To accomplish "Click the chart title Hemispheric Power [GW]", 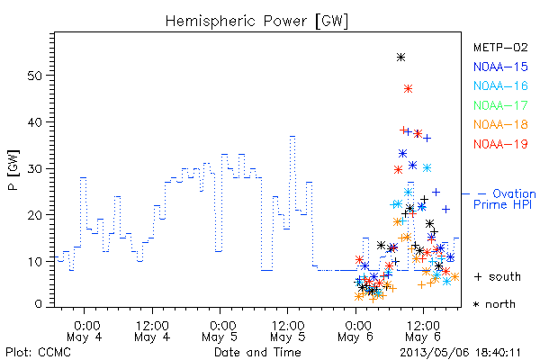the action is tap(256, 22).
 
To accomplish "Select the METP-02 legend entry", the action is tap(500, 47).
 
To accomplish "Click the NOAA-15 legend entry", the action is tap(500, 67).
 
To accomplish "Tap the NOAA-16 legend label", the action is tap(500, 85).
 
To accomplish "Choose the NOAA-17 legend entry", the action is tap(500, 105).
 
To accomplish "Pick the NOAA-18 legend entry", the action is tap(500, 124).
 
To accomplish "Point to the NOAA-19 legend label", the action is tap(500, 144).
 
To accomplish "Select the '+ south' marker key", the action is tap(498, 276).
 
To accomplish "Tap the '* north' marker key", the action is tap(494, 304).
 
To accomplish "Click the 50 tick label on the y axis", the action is tap(35, 76).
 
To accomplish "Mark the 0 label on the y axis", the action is tap(39, 304).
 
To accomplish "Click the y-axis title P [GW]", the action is tap(13, 170).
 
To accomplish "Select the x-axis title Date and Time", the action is tap(257, 352).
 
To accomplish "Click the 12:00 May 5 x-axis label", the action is tap(288, 331).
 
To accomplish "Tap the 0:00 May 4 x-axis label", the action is tap(85, 331).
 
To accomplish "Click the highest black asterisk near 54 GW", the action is tap(400, 58).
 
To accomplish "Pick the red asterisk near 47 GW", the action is tap(408, 89).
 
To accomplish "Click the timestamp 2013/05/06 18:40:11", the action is tap(461, 353).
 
